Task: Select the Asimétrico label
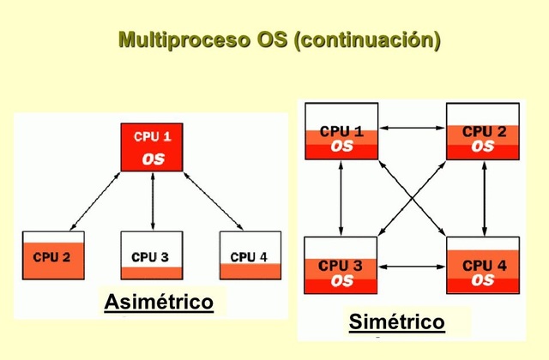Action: click(159, 303)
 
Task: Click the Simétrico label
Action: click(396, 322)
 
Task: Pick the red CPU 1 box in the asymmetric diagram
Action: click(152, 147)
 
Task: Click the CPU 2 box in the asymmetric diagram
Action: click(53, 255)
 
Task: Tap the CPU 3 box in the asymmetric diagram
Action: click(152, 255)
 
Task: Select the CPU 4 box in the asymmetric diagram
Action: click(250, 255)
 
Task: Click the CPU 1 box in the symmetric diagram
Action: click(341, 130)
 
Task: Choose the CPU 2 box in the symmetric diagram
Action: click(483, 130)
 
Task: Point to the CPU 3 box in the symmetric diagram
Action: click(341, 265)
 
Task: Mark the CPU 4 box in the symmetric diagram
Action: click(483, 265)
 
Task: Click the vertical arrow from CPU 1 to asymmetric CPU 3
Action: click(152, 201)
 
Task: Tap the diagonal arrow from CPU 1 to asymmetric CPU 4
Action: click(211, 201)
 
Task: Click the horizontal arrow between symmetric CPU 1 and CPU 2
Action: click(412, 129)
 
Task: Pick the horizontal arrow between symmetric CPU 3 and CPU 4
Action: click(412, 267)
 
